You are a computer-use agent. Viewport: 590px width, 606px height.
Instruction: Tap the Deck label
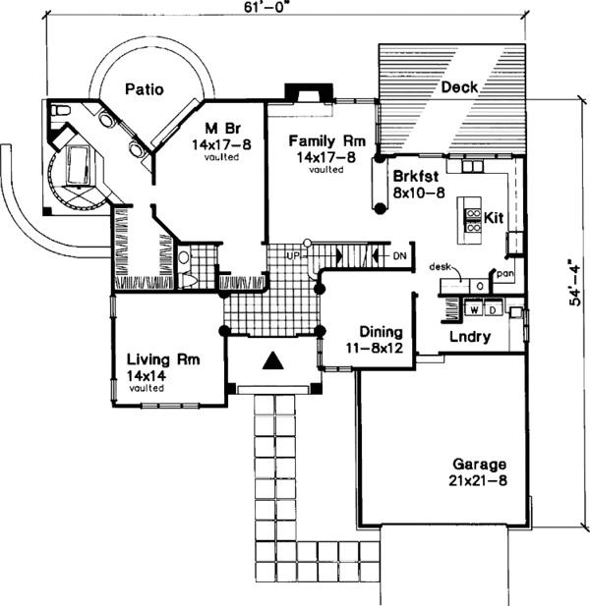tap(460, 87)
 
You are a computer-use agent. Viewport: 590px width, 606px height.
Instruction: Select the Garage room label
tap(479, 463)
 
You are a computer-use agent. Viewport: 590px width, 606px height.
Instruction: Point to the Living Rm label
tap(163, 360)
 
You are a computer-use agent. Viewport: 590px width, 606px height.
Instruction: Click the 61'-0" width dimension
tap(295, 7)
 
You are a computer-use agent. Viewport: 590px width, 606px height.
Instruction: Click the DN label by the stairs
tap(398, 256)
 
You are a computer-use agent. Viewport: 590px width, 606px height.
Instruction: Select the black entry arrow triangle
tap(273, 361)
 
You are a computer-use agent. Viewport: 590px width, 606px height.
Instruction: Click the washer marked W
tap(474, 310)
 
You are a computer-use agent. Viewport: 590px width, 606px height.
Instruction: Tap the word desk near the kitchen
tap(439, 266)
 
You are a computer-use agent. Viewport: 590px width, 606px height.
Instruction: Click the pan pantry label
tap(504, 273)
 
